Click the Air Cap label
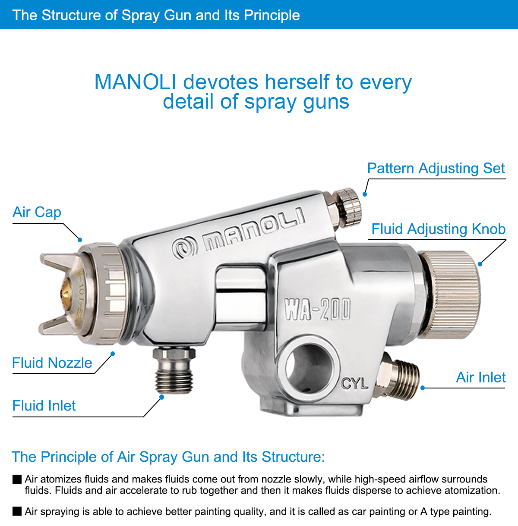[x=37, y=212]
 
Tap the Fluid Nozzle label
[x=52, y=363]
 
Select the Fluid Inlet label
[x=44, y=406]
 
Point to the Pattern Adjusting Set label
[x=436, y=169]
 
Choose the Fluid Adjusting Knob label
[x=438, y=229]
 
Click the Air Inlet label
[x=481, y=378]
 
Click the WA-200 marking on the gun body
[x=317, y=309]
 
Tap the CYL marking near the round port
[x=354, y=384]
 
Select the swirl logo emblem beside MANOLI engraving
[x=184, y=249]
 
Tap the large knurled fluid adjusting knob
[x=449, y=295]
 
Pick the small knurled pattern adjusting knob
[x=347, y=208]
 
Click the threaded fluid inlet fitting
[x=174, y=370]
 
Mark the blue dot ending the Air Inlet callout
[x=423, y=388]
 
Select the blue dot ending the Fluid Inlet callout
[x=161, y=397]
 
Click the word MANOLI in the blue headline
[x=135, y=82]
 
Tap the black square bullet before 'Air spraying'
[x=17, y=511]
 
